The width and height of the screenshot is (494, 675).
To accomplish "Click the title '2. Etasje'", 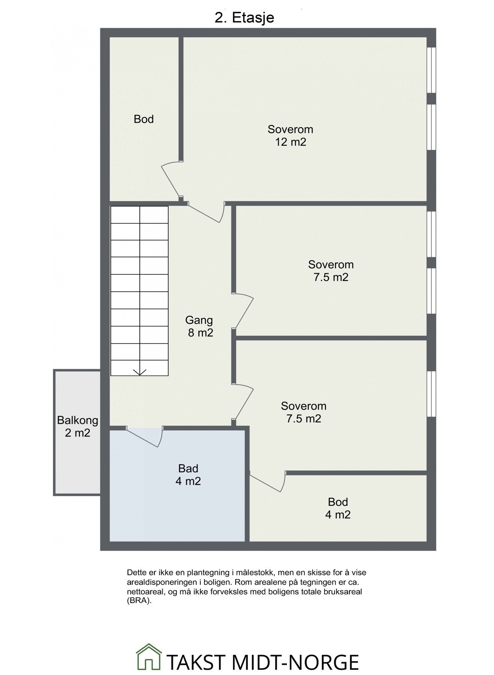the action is (x=244, y=18).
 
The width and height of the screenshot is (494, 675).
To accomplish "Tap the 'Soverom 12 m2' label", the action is (x=290, y=136).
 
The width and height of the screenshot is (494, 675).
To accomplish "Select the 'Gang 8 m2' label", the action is (x=200, y=326).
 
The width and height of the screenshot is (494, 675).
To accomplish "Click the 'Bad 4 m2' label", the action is (x=188, y=475).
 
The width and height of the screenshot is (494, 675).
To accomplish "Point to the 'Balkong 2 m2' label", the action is (x=78, y=426).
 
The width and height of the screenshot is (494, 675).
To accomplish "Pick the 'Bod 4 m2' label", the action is (x=338, y=508).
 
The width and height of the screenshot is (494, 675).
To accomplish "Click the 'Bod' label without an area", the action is (x=144, y=119).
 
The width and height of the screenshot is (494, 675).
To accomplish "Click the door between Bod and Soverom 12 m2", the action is (x=172, y=179).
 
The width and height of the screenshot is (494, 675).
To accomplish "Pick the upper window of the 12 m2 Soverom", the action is (x=432, y=70).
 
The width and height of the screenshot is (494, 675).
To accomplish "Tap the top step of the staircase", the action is (x=139, y=214).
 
